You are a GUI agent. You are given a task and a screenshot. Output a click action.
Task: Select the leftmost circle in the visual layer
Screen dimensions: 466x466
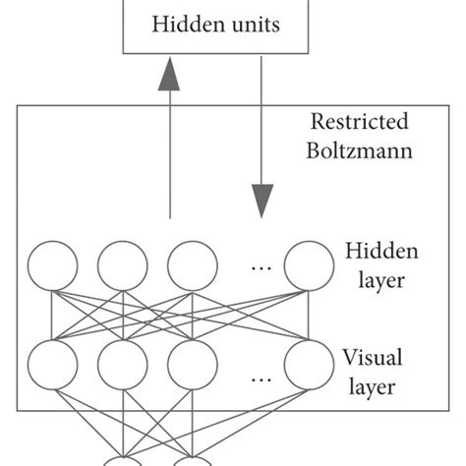point(53,364)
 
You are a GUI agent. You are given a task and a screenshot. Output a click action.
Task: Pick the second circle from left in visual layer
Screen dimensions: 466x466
point(123,364)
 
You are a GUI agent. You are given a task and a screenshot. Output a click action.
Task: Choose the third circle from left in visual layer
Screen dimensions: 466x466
point(192,364)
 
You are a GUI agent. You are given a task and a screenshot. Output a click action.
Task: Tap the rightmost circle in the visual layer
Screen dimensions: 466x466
point(309,364)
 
